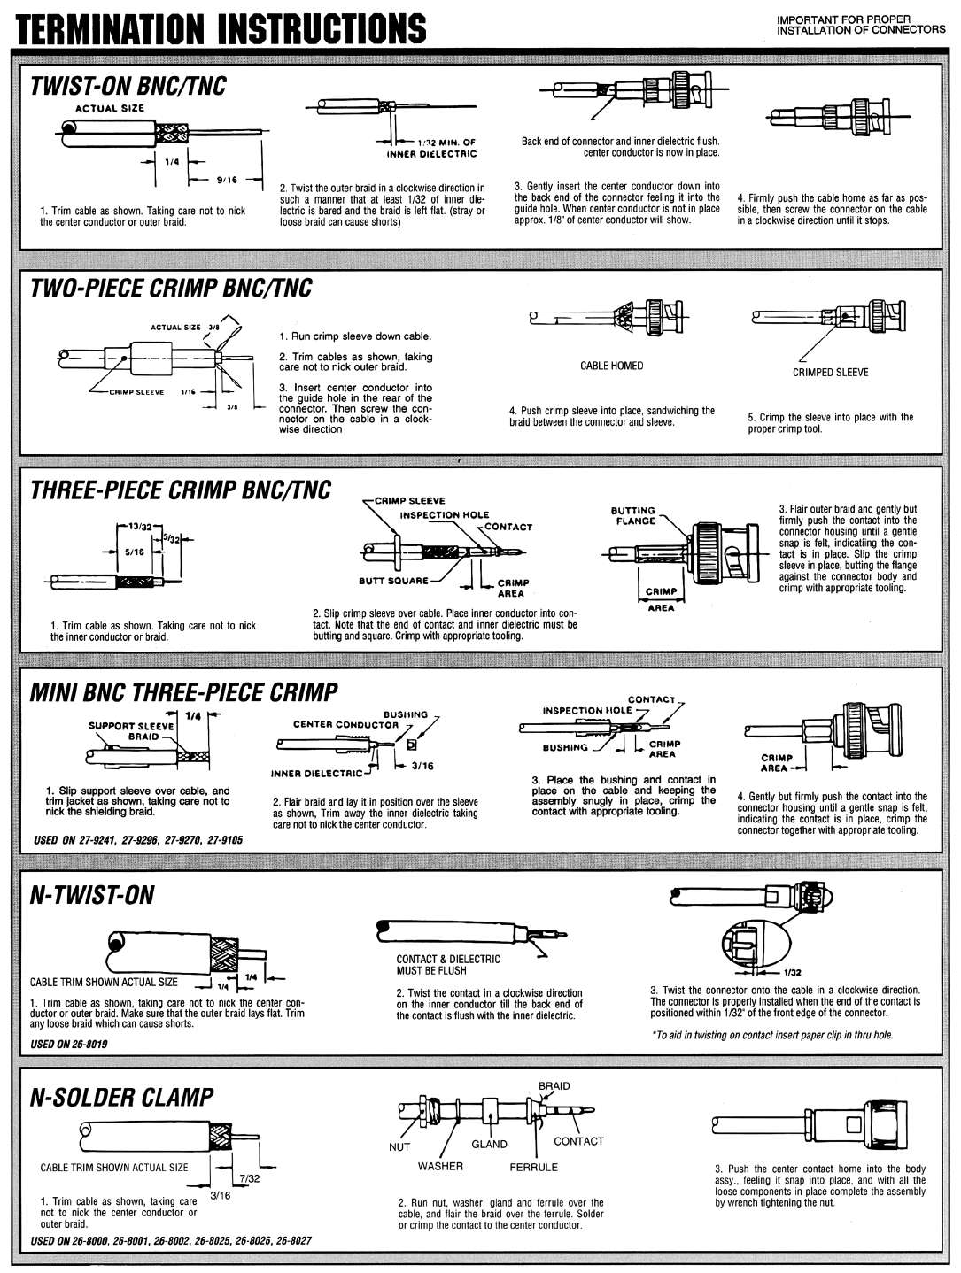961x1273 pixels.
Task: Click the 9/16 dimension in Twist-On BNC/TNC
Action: [227, 180]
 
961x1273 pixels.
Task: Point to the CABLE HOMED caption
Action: [611, 366]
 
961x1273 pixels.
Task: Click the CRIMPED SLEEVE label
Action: [830, 373]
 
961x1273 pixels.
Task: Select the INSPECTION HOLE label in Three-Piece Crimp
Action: [444, 514]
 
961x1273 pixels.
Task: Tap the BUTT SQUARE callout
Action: [393, 582]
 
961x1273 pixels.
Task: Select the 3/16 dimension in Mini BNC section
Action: [422, 766]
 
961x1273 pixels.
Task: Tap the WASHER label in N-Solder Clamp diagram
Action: [440, 1166]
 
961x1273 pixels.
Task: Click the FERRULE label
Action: [533, 1167]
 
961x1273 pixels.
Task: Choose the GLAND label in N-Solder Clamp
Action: [488, 1144]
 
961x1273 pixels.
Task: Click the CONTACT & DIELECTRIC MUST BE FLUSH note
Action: [447, 964]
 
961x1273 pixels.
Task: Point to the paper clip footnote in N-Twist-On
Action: [771, 1035]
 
